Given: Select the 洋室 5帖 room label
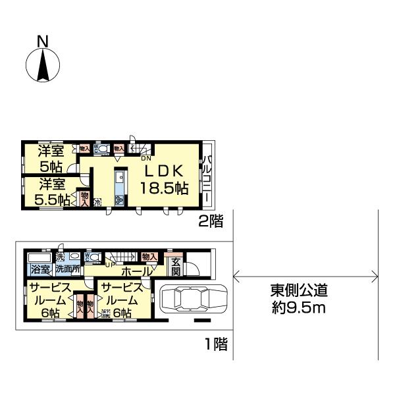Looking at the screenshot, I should click(49, 157).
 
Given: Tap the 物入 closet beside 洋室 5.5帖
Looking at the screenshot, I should click(84, 198).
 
